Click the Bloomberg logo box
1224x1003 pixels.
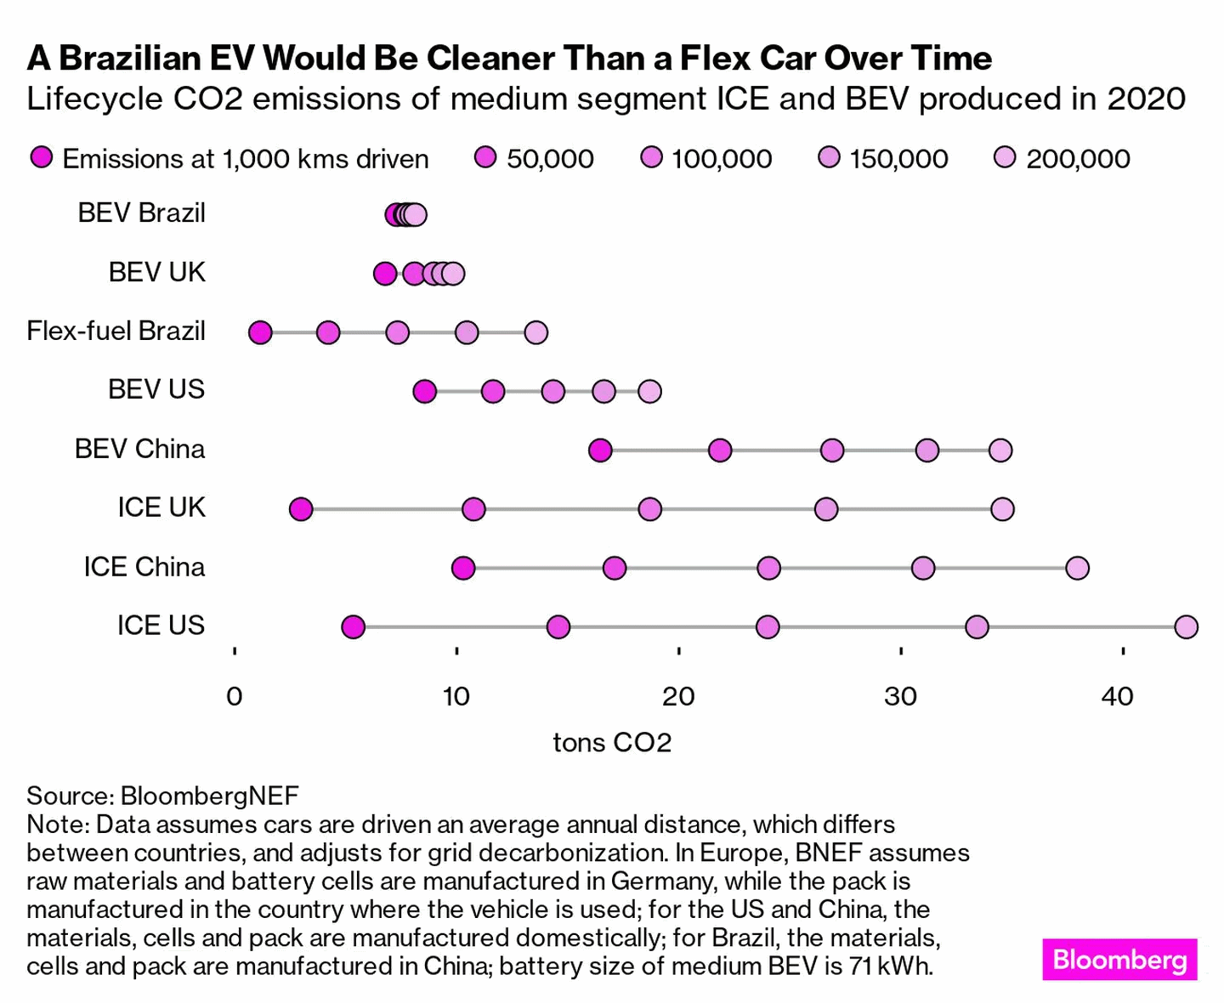1119,959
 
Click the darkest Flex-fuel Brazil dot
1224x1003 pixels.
260,332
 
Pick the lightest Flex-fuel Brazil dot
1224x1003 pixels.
535,332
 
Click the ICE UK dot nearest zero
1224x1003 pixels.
301,509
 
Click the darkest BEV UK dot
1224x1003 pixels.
385,274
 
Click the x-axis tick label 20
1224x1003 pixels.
678,696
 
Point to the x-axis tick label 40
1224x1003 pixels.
1117,696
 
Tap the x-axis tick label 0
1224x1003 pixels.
235,696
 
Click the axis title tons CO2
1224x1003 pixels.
612,742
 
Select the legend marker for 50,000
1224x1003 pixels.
485,157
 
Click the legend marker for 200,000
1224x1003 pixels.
1006,157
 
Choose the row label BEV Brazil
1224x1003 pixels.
142,213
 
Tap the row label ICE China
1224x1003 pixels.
144,567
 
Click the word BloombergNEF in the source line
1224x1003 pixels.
209,796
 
